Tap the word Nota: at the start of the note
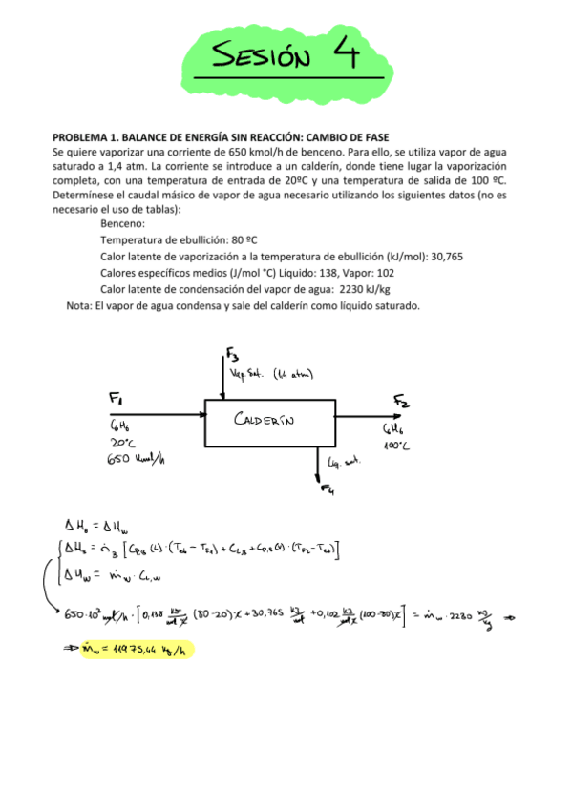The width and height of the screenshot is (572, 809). [78, 305]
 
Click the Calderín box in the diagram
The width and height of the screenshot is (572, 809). [269, 421]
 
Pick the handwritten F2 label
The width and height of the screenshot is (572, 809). [400, 399]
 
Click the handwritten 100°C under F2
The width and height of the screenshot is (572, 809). [397, 446]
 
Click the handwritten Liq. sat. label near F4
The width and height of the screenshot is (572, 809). [344, 462]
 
